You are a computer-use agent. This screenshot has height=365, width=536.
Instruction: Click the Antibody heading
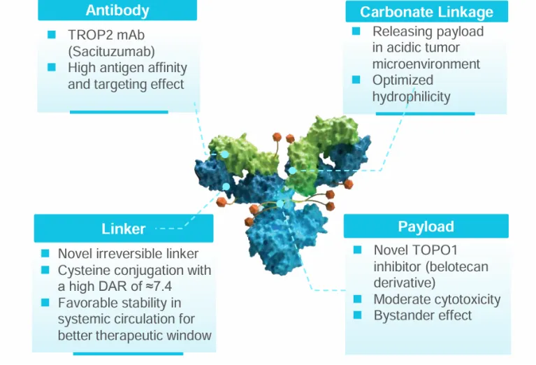tap(117, 10)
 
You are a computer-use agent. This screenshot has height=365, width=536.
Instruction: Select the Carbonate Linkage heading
tap(426, 12)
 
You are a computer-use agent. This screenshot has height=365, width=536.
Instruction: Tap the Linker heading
tap(123, 229)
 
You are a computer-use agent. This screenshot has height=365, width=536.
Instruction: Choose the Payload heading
tap(426, 227)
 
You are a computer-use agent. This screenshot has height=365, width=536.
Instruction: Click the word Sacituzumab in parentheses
tap(111, 50)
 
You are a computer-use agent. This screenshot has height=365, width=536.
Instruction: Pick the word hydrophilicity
tap(411, 96)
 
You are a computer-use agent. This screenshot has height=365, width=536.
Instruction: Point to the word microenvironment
tap(426, 64)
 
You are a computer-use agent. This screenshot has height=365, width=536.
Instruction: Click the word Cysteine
tap(82, 270)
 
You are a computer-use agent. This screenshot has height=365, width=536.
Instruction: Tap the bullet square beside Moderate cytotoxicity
tap(357, 299)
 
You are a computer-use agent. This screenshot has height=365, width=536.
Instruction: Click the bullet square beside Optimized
tap(356, 80)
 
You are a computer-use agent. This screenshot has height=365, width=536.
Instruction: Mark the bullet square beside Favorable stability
tap(45, 303)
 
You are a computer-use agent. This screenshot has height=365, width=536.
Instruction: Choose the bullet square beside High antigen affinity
tap(51, 68)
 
